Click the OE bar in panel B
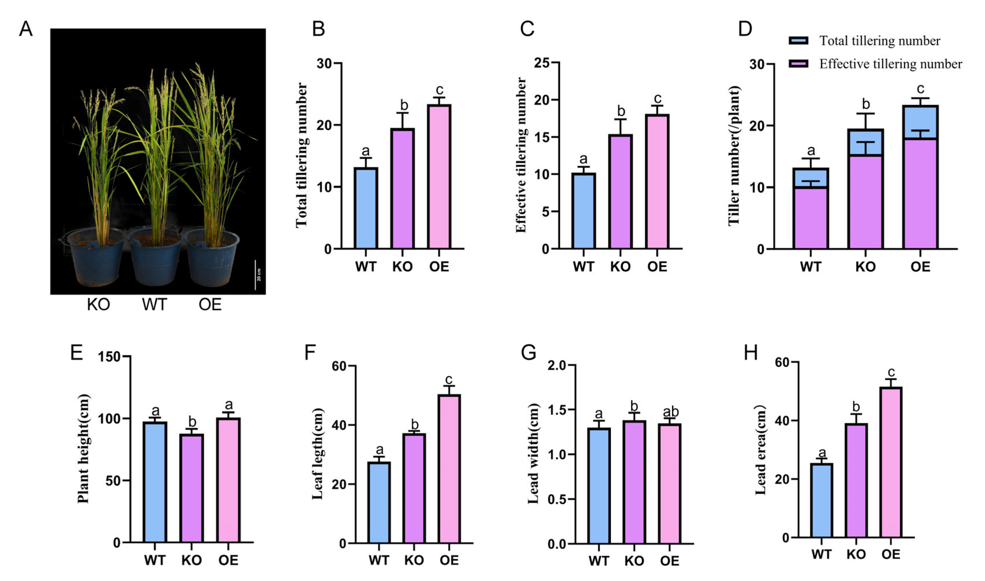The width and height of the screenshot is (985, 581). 439,177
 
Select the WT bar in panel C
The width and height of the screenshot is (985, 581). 583,211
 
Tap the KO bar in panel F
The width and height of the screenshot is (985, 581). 414,488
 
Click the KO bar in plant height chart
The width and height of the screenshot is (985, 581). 192,488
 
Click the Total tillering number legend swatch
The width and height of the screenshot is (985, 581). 798,41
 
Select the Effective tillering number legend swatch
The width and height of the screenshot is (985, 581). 798,64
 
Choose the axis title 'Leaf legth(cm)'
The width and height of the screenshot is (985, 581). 318,454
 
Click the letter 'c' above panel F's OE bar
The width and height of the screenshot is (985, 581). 449,379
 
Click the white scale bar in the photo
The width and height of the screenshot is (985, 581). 256,275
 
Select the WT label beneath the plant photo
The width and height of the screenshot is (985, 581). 155,304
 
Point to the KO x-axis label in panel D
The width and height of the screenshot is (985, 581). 865,267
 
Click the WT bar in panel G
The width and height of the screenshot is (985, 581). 598,485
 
